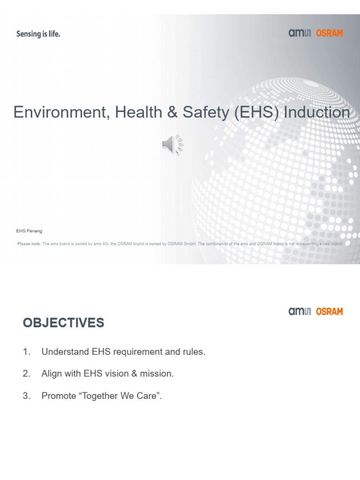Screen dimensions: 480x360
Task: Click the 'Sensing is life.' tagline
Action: (38, 34)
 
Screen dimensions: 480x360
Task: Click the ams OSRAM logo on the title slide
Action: (315, 33)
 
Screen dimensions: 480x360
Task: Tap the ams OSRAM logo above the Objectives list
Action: (315, 311)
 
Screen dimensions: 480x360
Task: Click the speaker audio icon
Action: (172, 144)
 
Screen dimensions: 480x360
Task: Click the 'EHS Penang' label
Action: (30, 231)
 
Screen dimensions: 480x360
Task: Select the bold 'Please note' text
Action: (29, 244)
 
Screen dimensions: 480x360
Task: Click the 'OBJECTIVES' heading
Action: (63, 323)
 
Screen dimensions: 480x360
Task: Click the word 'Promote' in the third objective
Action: (59, 396)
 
